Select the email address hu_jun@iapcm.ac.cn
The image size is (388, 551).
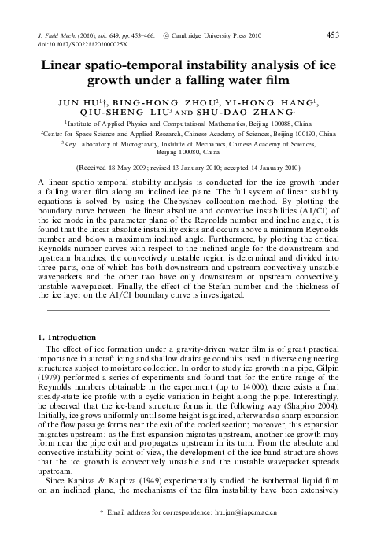(x=232, y=534)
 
